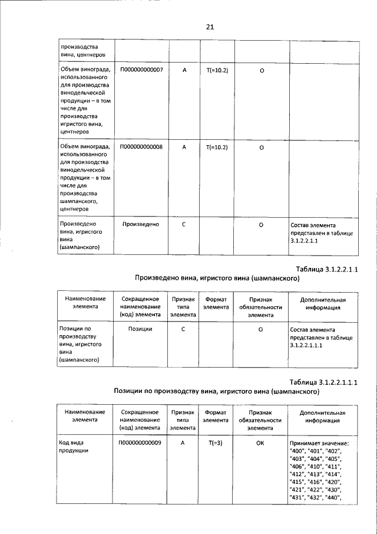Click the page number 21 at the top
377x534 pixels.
tap(210, 27)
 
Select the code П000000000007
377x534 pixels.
tap(141, 70)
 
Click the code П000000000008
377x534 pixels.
tap(141, 147)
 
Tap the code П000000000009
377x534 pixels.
tap(141, 443)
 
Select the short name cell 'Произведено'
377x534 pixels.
tap(141, 225)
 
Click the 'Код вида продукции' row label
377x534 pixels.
tap(74, 447)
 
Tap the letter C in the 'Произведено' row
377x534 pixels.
tap(183, 225)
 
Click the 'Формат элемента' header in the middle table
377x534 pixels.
tap(216, 303)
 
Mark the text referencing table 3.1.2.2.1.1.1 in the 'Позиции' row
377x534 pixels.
tap(321, 337)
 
